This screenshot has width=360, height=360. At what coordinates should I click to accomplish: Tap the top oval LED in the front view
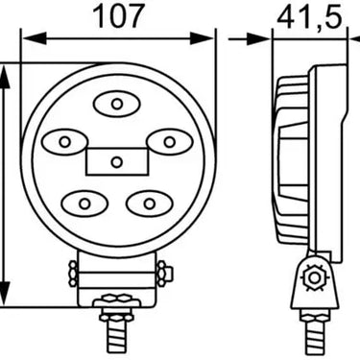point(116,103)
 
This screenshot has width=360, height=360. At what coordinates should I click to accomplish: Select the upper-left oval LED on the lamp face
point(65,142)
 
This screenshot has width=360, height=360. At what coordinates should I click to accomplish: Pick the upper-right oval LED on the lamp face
point(169,142)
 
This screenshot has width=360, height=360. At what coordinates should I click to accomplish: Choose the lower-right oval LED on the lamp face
point(150,203)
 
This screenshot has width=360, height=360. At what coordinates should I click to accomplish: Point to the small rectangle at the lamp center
point(116,161)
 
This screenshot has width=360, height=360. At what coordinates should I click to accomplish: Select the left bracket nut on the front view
point(74,274)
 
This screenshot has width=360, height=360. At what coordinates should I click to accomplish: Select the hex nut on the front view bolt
point(117,309)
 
